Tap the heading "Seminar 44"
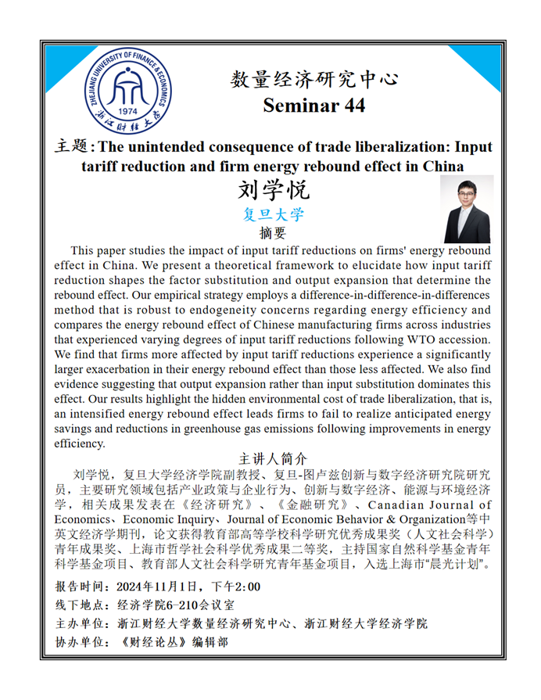[313, 106]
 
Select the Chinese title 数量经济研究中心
[314, 79]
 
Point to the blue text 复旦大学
[274, 214]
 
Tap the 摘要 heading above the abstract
[273, 232]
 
